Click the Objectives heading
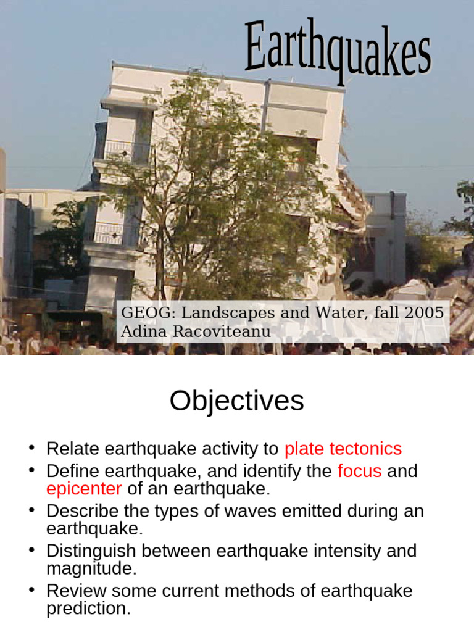pos(236,402)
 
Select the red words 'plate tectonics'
pos(343,449)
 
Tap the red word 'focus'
pos(360,472)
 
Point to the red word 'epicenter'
pos(84,489)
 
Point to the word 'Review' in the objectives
pos(72,591)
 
